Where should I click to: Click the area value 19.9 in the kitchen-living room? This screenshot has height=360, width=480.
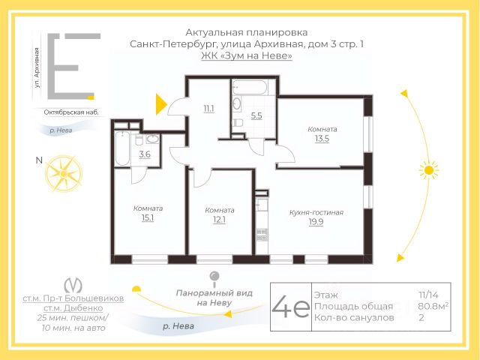click(316, 222)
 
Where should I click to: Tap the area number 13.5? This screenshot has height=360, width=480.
click(322, 139)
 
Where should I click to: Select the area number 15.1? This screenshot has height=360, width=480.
click(148, 217)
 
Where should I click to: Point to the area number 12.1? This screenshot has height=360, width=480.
click(219, 220)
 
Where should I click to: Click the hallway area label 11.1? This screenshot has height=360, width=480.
click(209, 109)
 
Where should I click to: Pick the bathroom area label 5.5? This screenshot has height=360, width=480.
click(256, 115)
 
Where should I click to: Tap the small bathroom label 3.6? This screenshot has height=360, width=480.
click(145, 154)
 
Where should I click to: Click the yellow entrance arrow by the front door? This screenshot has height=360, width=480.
click(161, 104)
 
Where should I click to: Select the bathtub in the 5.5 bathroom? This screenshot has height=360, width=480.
click(250, 87)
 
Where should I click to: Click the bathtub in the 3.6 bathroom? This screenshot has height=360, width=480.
click(122, 148)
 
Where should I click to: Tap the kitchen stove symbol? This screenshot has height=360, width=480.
click(262, 235)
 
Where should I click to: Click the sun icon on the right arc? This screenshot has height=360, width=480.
click(429, 170)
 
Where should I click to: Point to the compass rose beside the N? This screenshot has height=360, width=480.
click(64, 173)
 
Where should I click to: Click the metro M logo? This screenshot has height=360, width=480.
click(73, 285)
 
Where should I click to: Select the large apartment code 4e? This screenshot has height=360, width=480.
click(290, 307)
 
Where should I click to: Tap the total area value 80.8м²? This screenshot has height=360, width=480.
click(433, 306)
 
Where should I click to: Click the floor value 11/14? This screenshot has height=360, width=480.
click(428, 295)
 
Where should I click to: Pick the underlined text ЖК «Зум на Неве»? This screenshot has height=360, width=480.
click(247, 55)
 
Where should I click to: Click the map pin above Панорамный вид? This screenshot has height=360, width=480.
click(214, 279)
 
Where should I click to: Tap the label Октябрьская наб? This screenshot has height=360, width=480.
click(71, 112)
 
